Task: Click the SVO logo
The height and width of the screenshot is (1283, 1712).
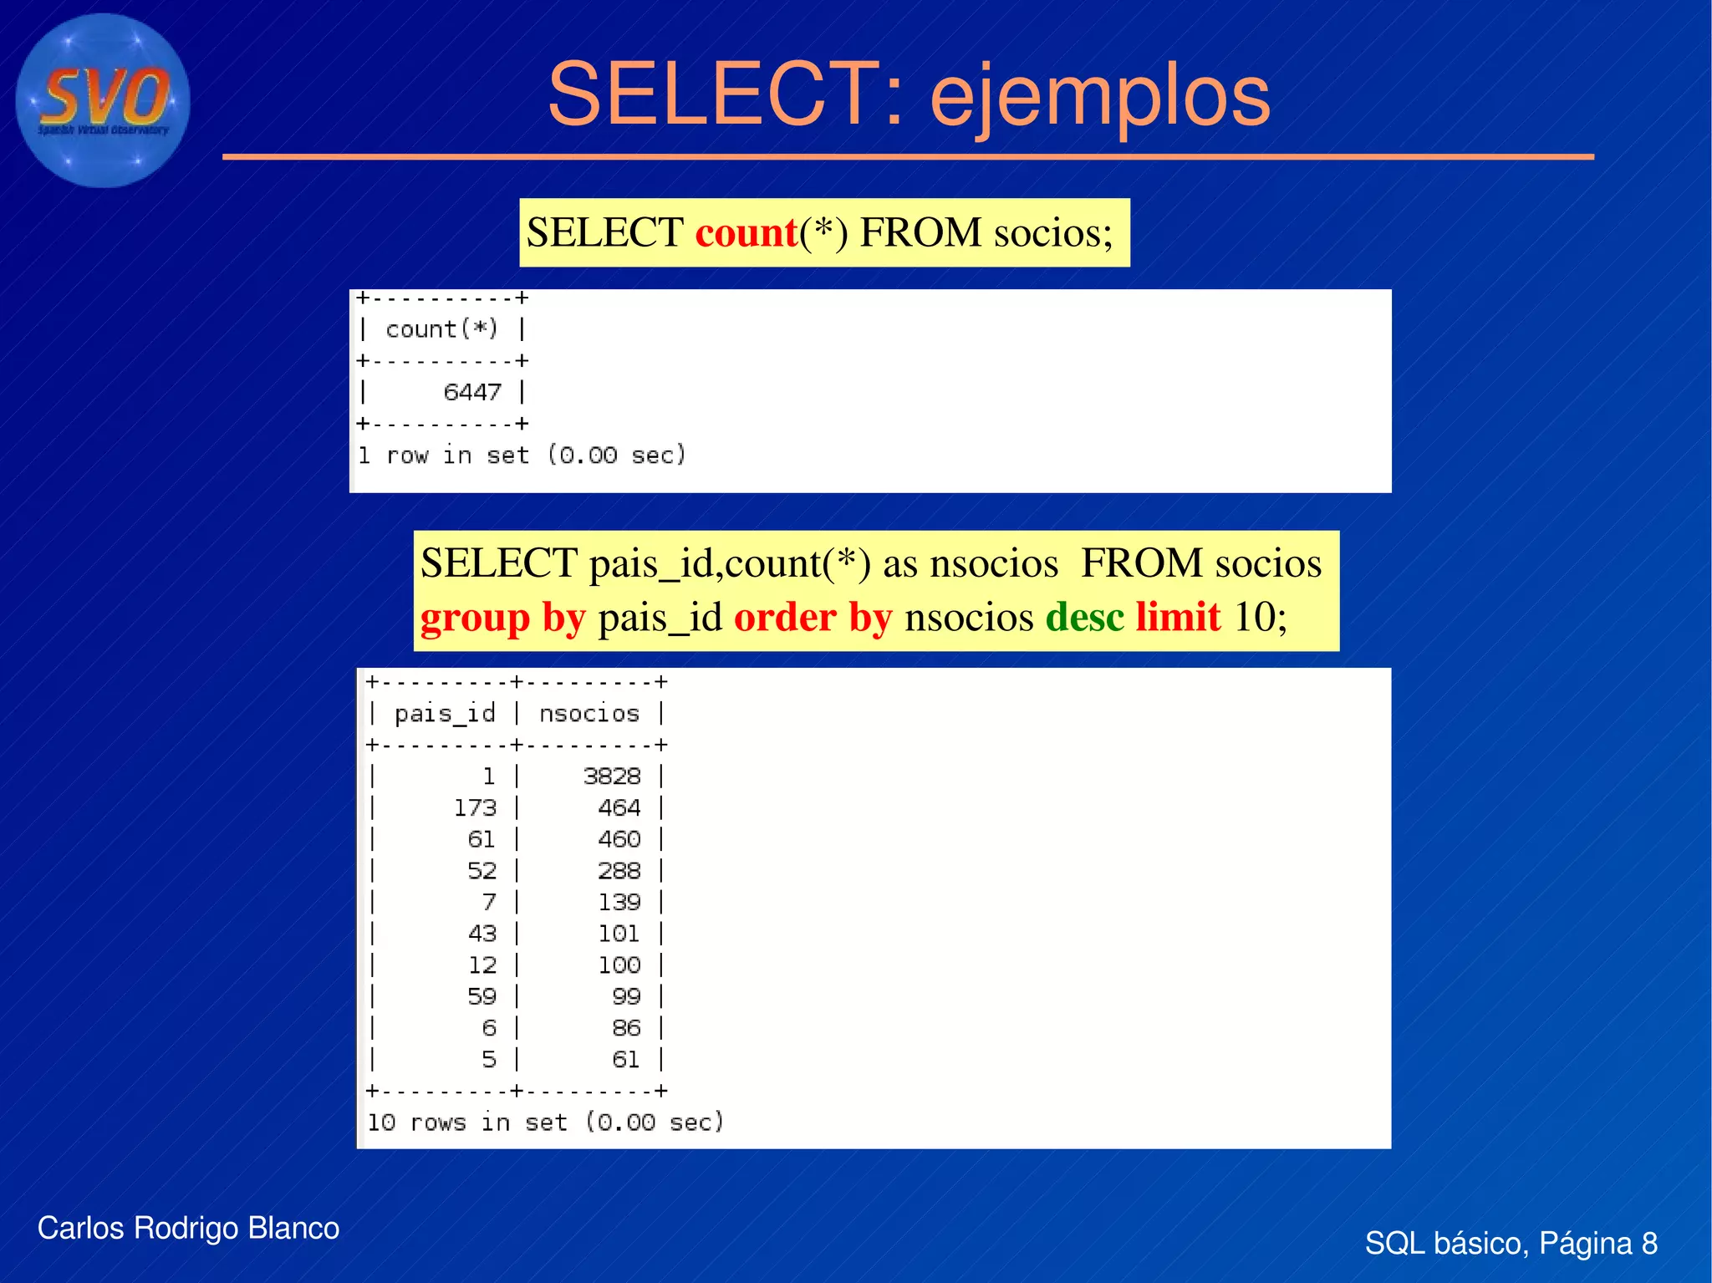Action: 103,100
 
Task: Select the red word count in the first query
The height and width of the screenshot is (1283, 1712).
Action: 746,232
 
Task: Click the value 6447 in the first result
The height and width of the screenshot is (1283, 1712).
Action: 472,392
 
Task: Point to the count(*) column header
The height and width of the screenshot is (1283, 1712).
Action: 441,329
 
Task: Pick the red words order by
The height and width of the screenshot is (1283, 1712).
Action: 813,619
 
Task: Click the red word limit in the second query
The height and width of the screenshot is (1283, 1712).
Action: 1179,618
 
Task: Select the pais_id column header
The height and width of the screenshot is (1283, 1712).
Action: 445,714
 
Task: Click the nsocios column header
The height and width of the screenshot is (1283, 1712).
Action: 588,714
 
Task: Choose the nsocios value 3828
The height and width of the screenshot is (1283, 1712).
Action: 612,776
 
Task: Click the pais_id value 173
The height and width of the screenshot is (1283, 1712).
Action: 475,808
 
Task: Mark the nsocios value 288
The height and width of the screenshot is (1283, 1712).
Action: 619,871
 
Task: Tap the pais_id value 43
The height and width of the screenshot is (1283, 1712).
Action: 481,934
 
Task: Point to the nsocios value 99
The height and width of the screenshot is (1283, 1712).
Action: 626,996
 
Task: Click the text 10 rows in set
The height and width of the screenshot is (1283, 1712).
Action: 468,1123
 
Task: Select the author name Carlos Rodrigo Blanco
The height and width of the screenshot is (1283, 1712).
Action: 188,1229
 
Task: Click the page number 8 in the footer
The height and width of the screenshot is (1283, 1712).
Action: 1648,1244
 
